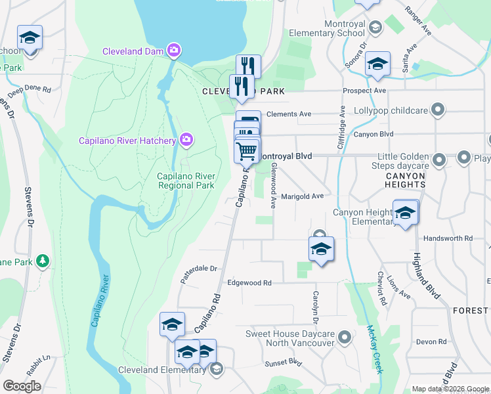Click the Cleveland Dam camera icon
click(174, 50)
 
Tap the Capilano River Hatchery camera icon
click(186, 139)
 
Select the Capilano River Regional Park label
click(186, 181)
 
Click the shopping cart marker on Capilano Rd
click(247, 151)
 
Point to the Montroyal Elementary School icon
click(375, 28)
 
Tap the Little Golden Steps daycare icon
click(439, 158)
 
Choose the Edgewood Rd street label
click(249, 283)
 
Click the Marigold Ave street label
click(303, 196)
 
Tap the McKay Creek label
click(374, 349)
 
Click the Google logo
click(22, 386)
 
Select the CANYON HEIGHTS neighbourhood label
click(405, 180)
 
